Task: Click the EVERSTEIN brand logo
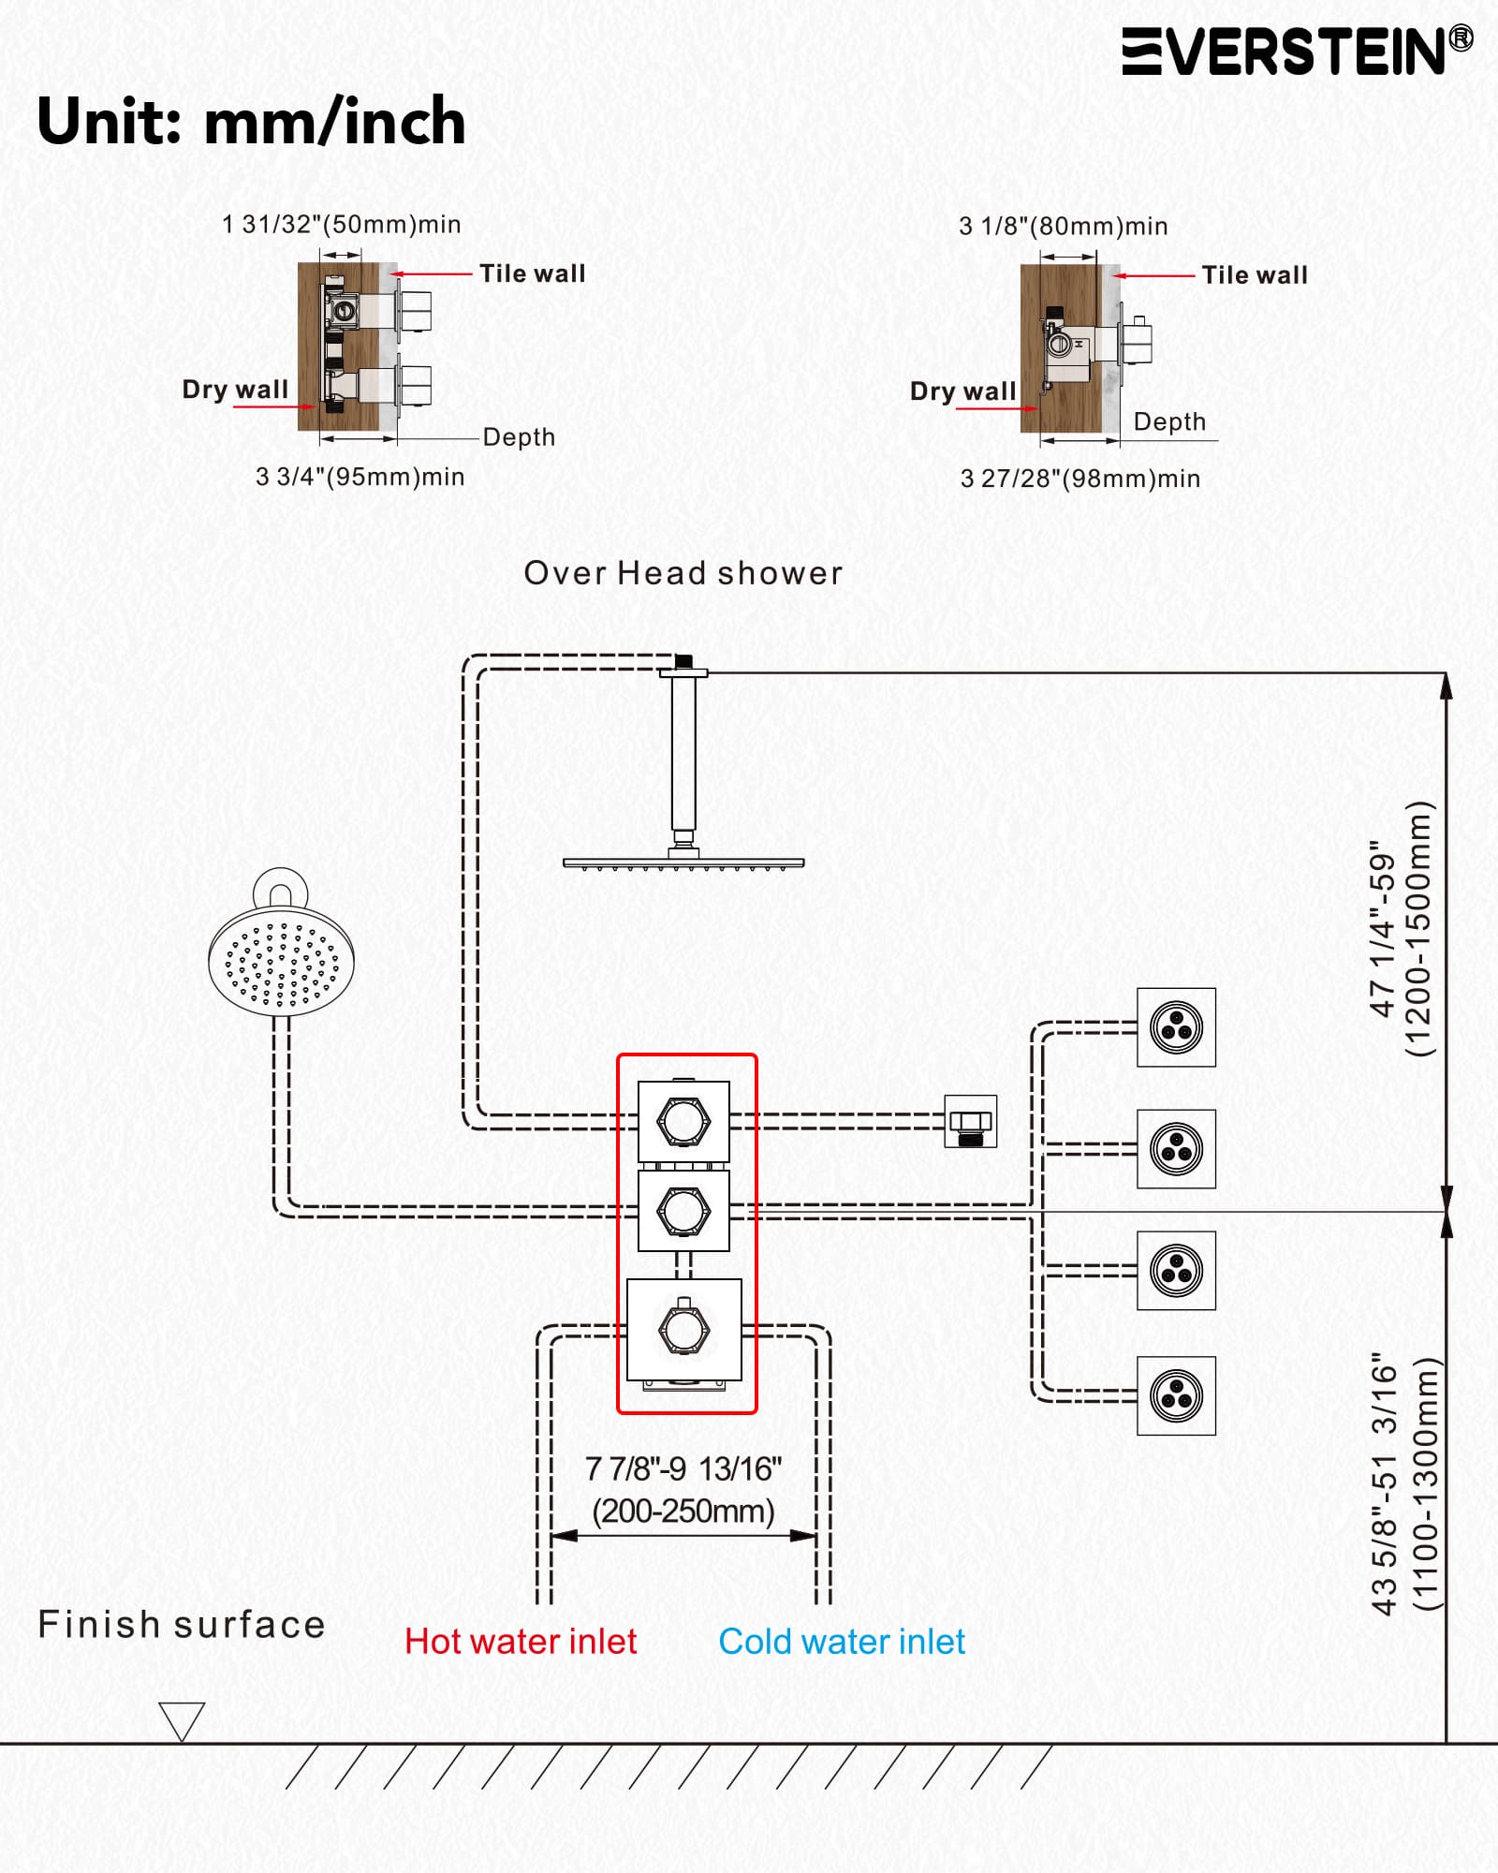tap(1298, 51)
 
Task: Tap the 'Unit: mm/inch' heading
tap(251, 122)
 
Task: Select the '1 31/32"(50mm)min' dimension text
tap(341, 225)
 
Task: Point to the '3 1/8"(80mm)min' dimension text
tap(1064, 227)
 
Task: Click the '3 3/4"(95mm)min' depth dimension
tap(360, 477)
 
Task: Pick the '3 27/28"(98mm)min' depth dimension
tap(1080, 479)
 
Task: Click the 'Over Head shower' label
tap(683, 573)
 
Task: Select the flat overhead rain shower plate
tap(683, 863)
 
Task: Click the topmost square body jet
tap(1177, 1027)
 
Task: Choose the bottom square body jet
tap(1177, 1395)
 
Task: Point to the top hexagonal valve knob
tap(683, 1121)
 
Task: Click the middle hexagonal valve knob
tap(683, 1211)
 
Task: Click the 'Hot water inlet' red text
tap(521, 1642)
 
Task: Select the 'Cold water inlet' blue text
tap(842, 1642)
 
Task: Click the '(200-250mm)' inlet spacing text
tap(683, 1512)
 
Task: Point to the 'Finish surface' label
tap(182, 1624)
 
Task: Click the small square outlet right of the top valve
tap(971, 1121)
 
